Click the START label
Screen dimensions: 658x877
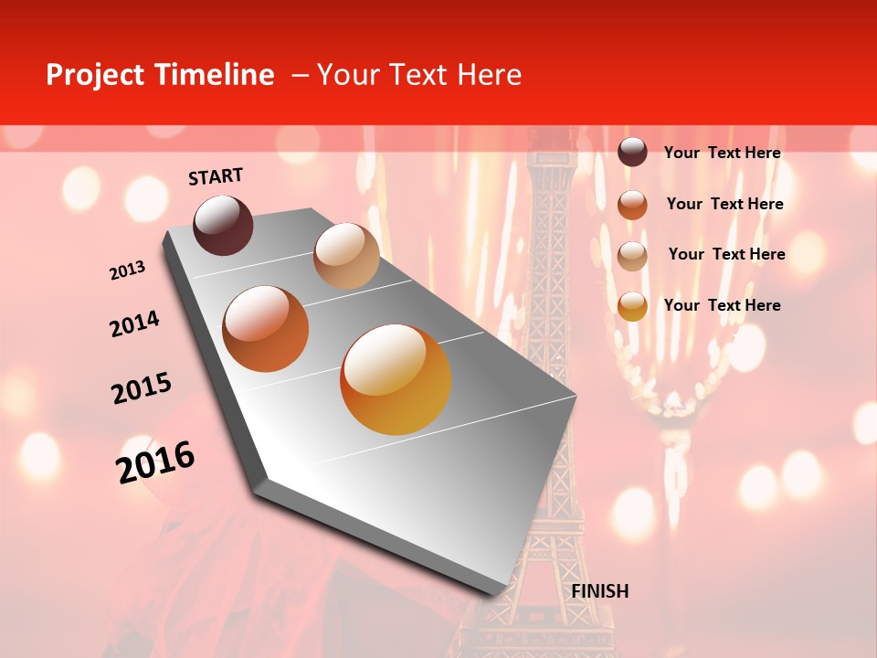click(x=216, y=176)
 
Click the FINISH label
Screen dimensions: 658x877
click(x=599, y=591)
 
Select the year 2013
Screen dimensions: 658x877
click(x=127, y=271)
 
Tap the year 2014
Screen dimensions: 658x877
click(x=134, y=324)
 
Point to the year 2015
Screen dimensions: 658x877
click(x=142, y=388)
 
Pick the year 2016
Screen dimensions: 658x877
click(x=155, y=462)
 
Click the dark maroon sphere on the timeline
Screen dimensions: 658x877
click(x=223, y=225)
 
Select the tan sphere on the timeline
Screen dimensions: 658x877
click(x=346, y=256)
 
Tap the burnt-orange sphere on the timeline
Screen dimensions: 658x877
click(x=266, y=329)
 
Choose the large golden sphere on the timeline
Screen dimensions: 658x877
click(x=396, y=379)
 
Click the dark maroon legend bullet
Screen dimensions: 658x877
click(x=632, y=153)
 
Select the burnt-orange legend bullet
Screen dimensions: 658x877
click(x=632, y=204)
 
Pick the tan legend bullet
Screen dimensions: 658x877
click(x=632, y=255)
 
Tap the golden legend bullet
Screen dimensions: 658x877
click(x=632, y=306)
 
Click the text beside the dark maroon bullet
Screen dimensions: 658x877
click(x=722, y=153)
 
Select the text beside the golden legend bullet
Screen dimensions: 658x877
click(x=722, y=305)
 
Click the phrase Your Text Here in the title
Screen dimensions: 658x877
click(x=418, y=75)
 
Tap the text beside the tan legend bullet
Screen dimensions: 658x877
click(x=726, y=254)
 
